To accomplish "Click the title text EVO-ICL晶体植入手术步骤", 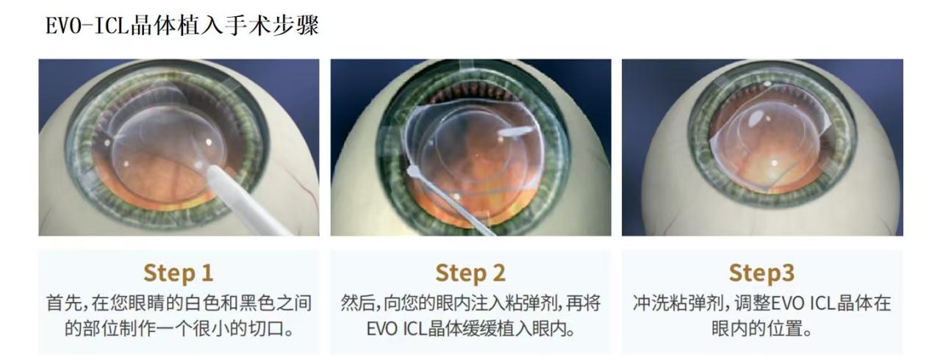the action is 182,26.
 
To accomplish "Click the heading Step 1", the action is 179,273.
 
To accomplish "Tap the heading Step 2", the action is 470,273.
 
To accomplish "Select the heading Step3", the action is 761,273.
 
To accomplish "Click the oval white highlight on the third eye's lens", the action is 754,118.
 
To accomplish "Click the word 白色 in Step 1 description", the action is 195,303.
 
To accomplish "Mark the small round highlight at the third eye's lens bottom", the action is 774,163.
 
